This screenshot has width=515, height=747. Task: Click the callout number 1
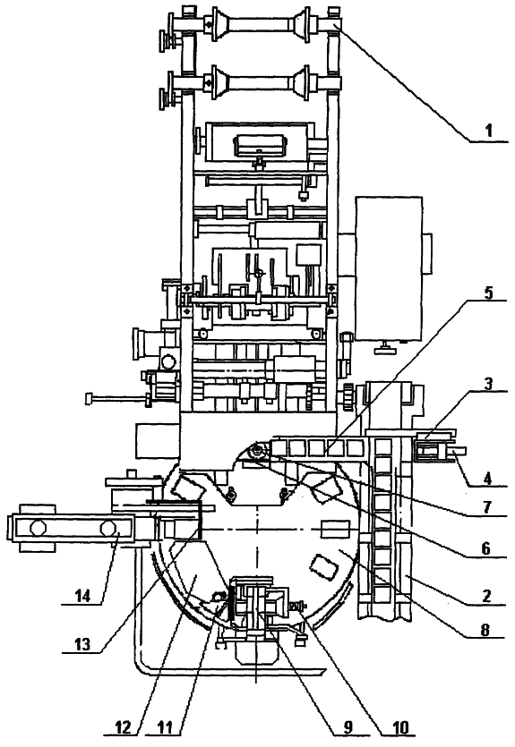pyautogui.click(x=488, y=130)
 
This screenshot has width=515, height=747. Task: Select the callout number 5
pyautogui.click(x=488, y=292)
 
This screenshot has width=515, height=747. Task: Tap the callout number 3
pyautogui.click(x=488, y=384)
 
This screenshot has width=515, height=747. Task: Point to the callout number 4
pyautogui.click(x=487, y=478)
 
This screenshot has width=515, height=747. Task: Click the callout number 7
pyautogui.click(x=487, y=507)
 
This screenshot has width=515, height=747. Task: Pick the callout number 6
pyautogui.click(x=485, y=548)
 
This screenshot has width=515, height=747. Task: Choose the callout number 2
pyautogui.click(x=486, y=596)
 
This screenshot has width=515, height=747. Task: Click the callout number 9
pyautogui.click(x=348, y=727)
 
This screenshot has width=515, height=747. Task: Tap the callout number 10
pyautogui.click(x=399, y=727)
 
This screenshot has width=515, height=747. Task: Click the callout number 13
pyautogui.click(x=82, y=645)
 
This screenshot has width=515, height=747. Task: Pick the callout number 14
pyautogui.click(x=82, y=596)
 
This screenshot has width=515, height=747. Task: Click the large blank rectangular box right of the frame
pyautogui.click(x=389, y=268)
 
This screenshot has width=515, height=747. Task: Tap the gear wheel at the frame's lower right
pyautogui.click(x=348, y=398)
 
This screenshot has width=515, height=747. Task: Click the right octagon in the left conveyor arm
pyautogui.click(x=107, y=529)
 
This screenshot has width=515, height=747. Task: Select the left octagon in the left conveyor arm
pyautogui.click(x=37, y=529)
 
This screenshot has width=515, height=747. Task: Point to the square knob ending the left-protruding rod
pyautogui.click(x=88, y=398)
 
